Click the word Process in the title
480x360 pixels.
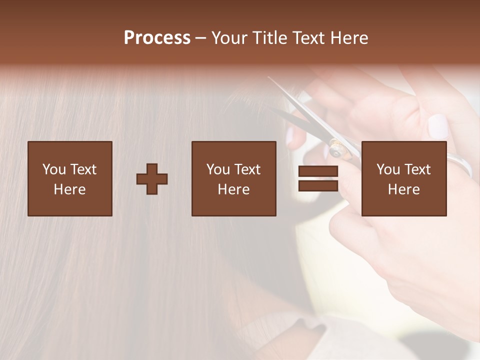[157, 38]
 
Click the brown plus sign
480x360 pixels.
[152, 179]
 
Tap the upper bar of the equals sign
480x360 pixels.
[318, 171]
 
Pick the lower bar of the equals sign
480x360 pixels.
[318, 186]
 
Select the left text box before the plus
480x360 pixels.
[70, 178]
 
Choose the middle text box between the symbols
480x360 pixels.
[233, 178]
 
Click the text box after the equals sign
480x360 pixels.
[403, 178]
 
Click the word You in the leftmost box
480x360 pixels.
[54, 169]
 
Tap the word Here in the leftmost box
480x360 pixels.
[70, 189]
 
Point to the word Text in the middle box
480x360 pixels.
[247, 169]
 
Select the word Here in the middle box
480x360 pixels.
[233, 189]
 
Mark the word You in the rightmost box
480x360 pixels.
[388, 169]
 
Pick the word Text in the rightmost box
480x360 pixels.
[417, 169]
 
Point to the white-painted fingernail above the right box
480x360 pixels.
[438, 126]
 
